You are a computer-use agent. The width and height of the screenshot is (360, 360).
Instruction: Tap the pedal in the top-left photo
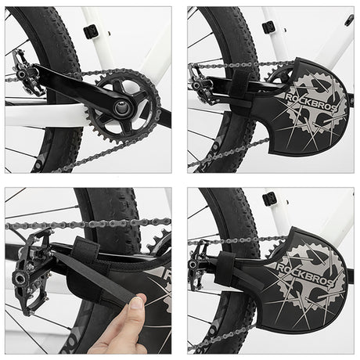27,72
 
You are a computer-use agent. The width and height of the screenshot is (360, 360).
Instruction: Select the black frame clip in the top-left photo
90,31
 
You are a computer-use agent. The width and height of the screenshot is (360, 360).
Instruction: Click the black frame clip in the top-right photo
268,27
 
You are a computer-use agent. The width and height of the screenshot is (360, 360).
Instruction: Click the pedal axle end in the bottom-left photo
20,279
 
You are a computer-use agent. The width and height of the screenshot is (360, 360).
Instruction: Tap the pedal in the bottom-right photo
200,264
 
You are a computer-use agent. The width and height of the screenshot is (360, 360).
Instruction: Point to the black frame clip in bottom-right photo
269,198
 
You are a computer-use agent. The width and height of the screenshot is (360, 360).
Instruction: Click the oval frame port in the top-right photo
348,20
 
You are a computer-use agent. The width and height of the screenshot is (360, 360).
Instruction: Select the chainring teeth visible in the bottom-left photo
159,243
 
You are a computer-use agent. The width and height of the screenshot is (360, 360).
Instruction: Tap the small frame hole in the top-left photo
110,33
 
